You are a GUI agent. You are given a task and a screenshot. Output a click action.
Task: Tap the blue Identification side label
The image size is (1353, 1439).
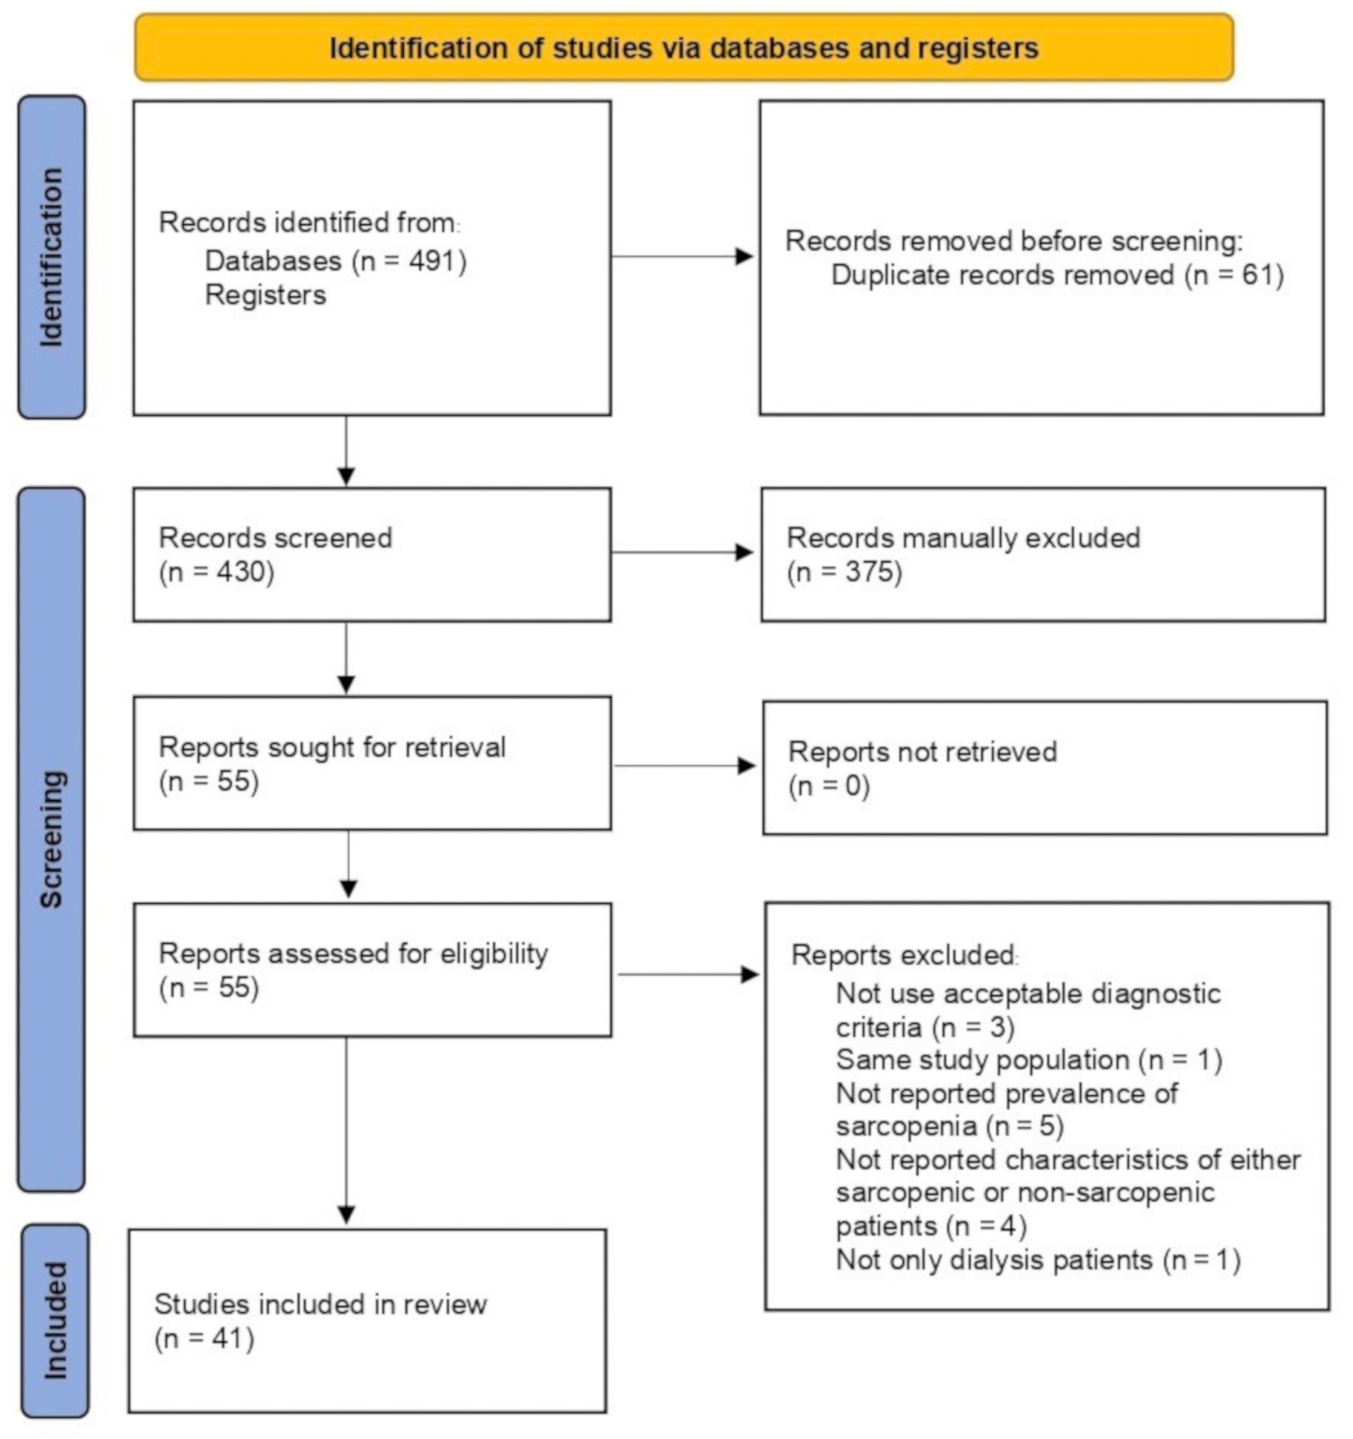click(x=51, y=257)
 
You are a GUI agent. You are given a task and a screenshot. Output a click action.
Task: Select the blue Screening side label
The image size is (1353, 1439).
click(x=51, y=838)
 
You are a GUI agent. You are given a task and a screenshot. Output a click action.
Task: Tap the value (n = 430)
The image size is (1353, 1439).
click(x=216, y=572)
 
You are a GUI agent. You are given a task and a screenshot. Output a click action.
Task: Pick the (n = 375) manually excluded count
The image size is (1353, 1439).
click(x=845, y=572)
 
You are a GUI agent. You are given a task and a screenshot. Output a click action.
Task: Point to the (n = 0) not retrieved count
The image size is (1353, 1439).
click(x=829, y=785)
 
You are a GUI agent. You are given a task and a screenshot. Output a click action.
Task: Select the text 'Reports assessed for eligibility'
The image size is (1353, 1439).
click(x=353, y=953)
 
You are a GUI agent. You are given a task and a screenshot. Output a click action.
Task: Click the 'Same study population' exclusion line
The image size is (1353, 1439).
click(x=1029, y=1060)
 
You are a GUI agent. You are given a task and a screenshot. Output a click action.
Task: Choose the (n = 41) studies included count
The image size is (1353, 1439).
click(x=204, y=1338)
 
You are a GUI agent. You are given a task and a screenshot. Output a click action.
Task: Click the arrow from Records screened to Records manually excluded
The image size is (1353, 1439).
click(x=682, y=552)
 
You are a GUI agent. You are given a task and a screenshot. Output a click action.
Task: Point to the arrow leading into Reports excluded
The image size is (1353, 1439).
click(x=688, y=974)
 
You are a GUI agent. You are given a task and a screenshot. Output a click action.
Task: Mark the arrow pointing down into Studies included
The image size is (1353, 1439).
click(x=347, y=1130)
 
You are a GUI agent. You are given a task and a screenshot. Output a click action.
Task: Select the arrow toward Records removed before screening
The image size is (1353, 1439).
click(x=682, y=256)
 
